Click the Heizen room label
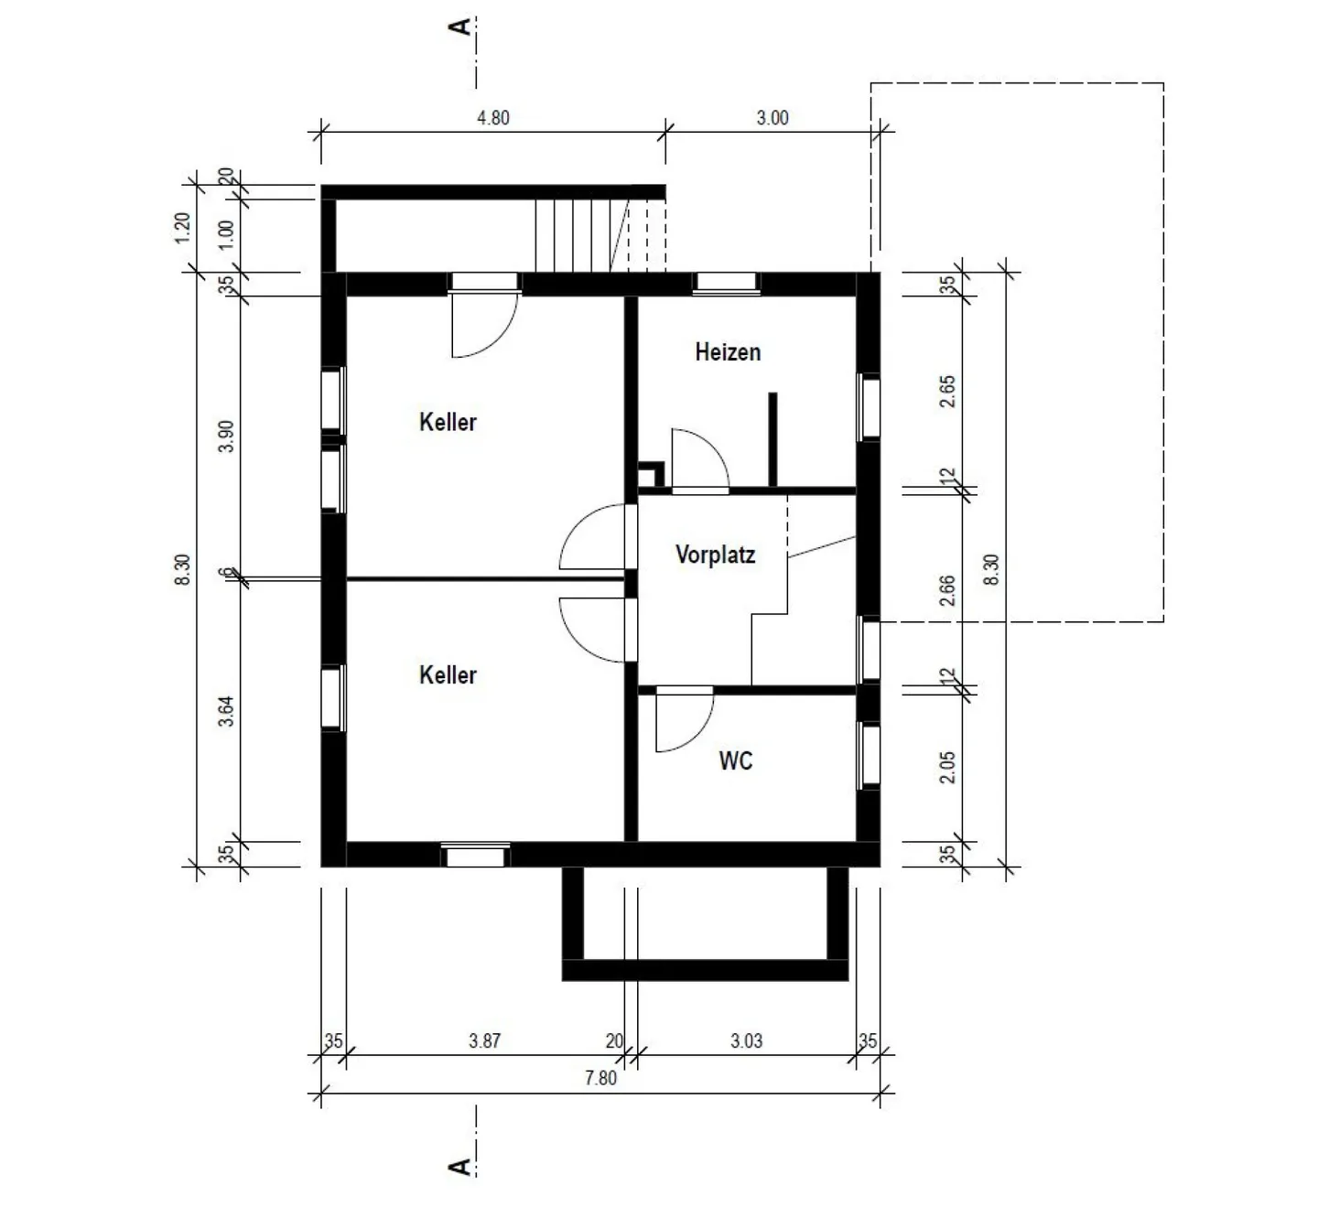(x=728, y=352)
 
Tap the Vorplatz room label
(x=716, y=555)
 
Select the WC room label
(x=735, y=760)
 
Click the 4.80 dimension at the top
(x=492, y=118)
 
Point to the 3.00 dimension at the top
(x=772, y=118)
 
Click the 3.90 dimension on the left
(x=226, y=436)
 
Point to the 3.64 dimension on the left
(x=226, y=711)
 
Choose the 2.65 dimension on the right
(x=947, y=392)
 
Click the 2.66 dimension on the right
(x=947, y=590)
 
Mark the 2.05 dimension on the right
(x=947, y=767)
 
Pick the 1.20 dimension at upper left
(x=183, y=227)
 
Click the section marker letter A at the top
(x=459, y=27)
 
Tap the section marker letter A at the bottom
(x=459, y=1167)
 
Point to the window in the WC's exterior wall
(x=870, y=754)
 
